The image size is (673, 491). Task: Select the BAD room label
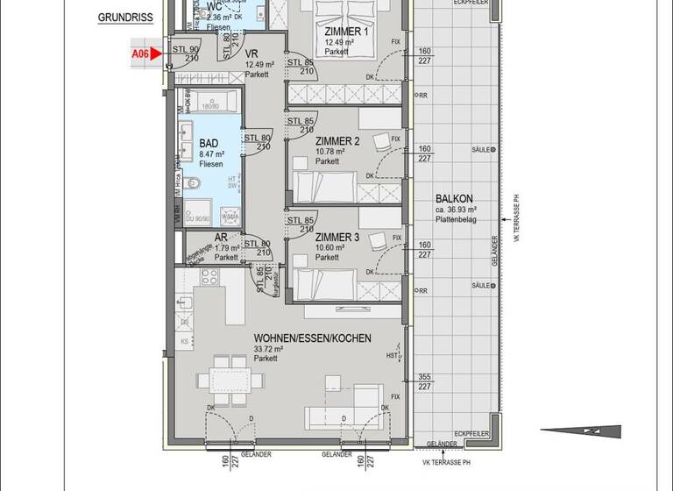point(209,143)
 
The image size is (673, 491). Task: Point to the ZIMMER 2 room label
point(337,141)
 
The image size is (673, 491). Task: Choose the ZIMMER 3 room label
point(337,238)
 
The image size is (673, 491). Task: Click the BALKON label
point(456,199)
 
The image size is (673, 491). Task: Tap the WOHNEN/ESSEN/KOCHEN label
point(312,338)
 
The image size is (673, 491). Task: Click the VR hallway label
point(251,53)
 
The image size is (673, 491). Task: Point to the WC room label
point(214,6)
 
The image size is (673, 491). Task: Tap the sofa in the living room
point(344,416)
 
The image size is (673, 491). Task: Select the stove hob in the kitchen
point(210,277)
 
